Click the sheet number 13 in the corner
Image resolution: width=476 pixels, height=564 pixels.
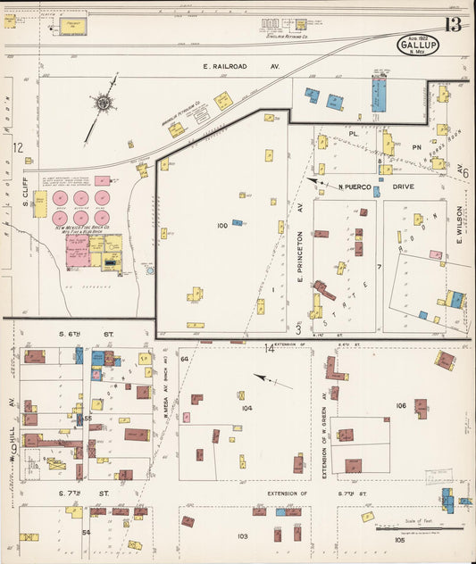tap(453, 24)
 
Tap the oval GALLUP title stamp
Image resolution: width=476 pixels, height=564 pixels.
tap(418, 44)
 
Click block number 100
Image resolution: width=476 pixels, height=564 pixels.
tap(222, 226)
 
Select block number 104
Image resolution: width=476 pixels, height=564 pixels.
tap(246, 408)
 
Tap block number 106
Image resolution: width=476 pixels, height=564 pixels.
tap(401, 406)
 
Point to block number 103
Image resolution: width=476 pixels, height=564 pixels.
tap(242, 536)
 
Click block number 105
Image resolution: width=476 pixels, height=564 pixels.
tap(398, 540)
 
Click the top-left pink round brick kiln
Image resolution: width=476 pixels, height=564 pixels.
tap(61, 197)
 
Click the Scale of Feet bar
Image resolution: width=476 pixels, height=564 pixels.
tap(433, 528)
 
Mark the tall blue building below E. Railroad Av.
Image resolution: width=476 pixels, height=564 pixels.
tap(379, 95)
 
